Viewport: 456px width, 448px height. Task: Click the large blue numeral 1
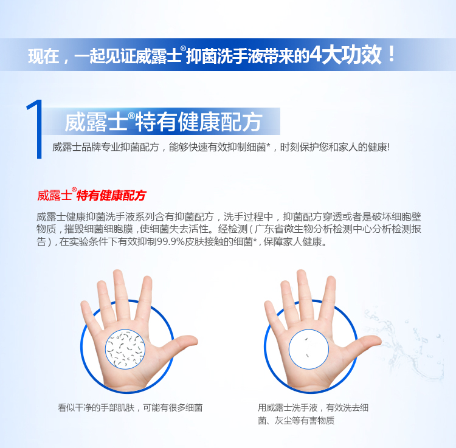(x=37, y=129)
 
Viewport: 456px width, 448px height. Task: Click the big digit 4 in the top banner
(x=315, y=54)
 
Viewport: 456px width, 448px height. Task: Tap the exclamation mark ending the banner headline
(x=392, y=54)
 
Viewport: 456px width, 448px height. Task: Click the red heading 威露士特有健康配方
(x=92, y=195)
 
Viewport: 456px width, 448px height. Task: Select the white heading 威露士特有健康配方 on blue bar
(x=163, y=122)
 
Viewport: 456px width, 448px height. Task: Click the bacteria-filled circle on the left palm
(x=125, y=350)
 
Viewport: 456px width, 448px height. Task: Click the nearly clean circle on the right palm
(x=308, y=350)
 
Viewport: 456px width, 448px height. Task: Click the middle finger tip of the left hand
(x=118, y=275)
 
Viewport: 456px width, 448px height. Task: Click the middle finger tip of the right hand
(x=302, y=275)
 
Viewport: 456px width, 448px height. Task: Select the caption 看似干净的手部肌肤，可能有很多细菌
(x=130, y=408)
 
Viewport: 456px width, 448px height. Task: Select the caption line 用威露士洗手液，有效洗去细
(x=313, y=408)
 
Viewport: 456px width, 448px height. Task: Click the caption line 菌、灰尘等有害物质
(x=296, y=421)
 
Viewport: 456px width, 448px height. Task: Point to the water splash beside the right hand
(x=407, y=343)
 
